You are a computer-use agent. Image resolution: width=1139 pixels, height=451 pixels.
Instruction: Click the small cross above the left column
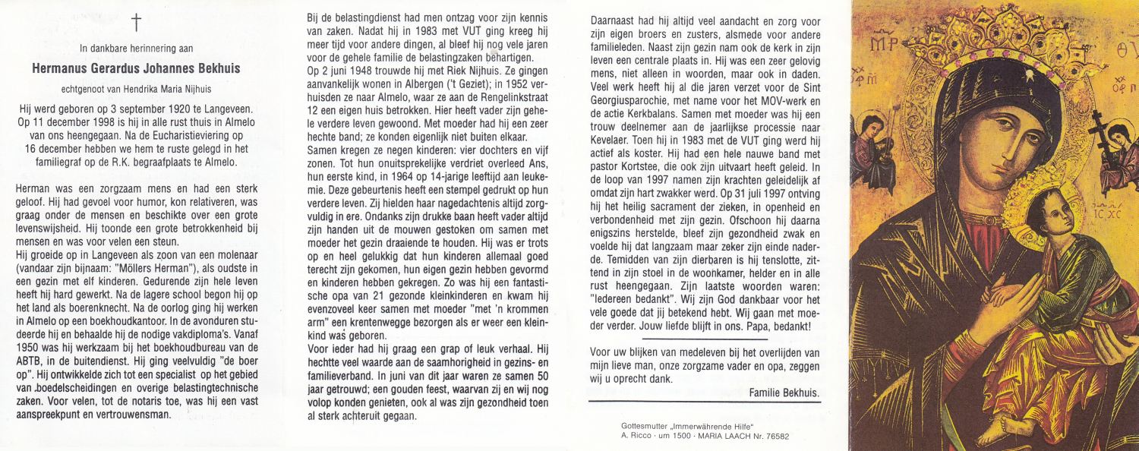tap(137, 23)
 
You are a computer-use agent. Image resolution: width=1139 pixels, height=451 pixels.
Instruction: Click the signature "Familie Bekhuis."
tap(784, 393)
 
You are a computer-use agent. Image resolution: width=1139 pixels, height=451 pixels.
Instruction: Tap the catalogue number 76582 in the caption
tap(773, 437)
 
